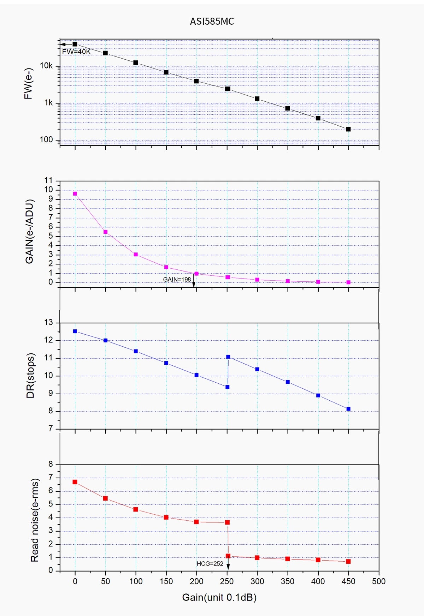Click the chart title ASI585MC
pos(212,22)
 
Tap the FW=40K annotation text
pos(76,52)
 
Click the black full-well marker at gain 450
pos(348,129)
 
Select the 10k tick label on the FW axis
pos(46,66)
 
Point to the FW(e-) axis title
pos(28,84)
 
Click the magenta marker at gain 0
pos(75,193)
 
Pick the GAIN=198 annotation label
pos(177,279)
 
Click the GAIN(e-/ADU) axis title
pos(30,232)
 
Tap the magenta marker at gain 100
pos(136,255)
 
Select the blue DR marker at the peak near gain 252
pos(228,357)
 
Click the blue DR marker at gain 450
pos(348,409)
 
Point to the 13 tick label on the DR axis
pos(48,322)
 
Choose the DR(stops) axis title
pos(31,375)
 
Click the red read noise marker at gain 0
pos(75,482)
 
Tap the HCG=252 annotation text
pos(210,564)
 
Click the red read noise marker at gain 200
pos(196,522)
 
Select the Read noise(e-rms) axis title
pos(35,520)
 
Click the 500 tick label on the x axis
pos(379,581)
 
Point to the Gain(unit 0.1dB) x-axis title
pos(219,597)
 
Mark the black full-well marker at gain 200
pos(196,81)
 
